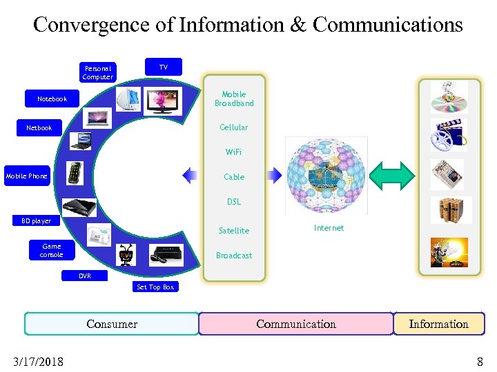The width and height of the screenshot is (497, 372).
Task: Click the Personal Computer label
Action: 97,72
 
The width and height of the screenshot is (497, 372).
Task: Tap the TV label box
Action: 163,67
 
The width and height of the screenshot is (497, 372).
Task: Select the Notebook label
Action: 52,99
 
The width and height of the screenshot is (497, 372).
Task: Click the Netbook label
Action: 39,128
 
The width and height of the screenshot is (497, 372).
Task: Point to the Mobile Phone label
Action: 27,176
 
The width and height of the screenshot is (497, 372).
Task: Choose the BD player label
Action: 36,221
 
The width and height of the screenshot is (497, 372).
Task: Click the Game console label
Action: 52,251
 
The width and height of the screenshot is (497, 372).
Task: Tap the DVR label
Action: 84,276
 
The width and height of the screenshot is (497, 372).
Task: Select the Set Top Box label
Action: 155,287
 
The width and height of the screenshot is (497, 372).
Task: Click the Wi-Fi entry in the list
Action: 234,152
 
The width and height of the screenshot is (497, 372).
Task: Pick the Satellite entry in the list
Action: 234,231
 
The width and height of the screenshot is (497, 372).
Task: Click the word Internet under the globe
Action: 329,228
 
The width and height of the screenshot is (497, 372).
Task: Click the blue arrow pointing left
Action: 190,176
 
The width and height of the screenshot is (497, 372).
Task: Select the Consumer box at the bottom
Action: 112,324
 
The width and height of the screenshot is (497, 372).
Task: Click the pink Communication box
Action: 296,324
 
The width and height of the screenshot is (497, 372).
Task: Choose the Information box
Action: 438,324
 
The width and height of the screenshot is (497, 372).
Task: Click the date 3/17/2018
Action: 38,361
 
